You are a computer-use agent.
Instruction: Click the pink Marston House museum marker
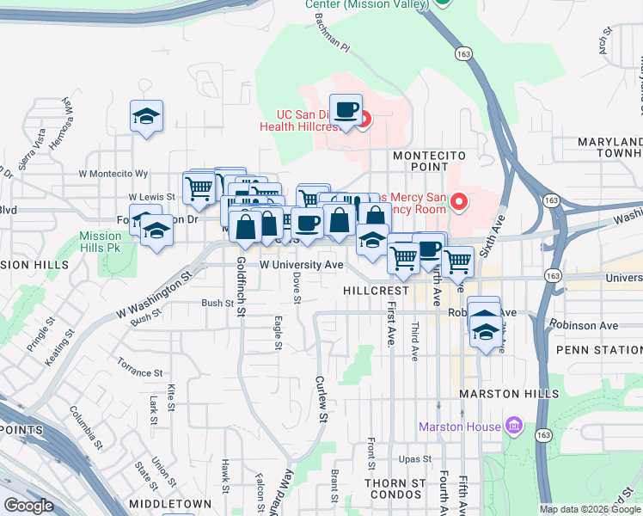pos(514,426)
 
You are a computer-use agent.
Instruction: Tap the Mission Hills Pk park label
pos(101,242)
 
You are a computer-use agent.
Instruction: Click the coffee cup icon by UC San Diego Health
pos(346,110)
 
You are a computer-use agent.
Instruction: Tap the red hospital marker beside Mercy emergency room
pos(459,203)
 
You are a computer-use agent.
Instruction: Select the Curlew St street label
pos(321,401)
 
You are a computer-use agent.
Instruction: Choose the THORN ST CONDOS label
pos(395,489)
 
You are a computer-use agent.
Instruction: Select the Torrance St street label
pos(140,372)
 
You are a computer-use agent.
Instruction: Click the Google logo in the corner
pos(28,506)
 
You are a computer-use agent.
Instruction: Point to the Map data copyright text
pos(590,509)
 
